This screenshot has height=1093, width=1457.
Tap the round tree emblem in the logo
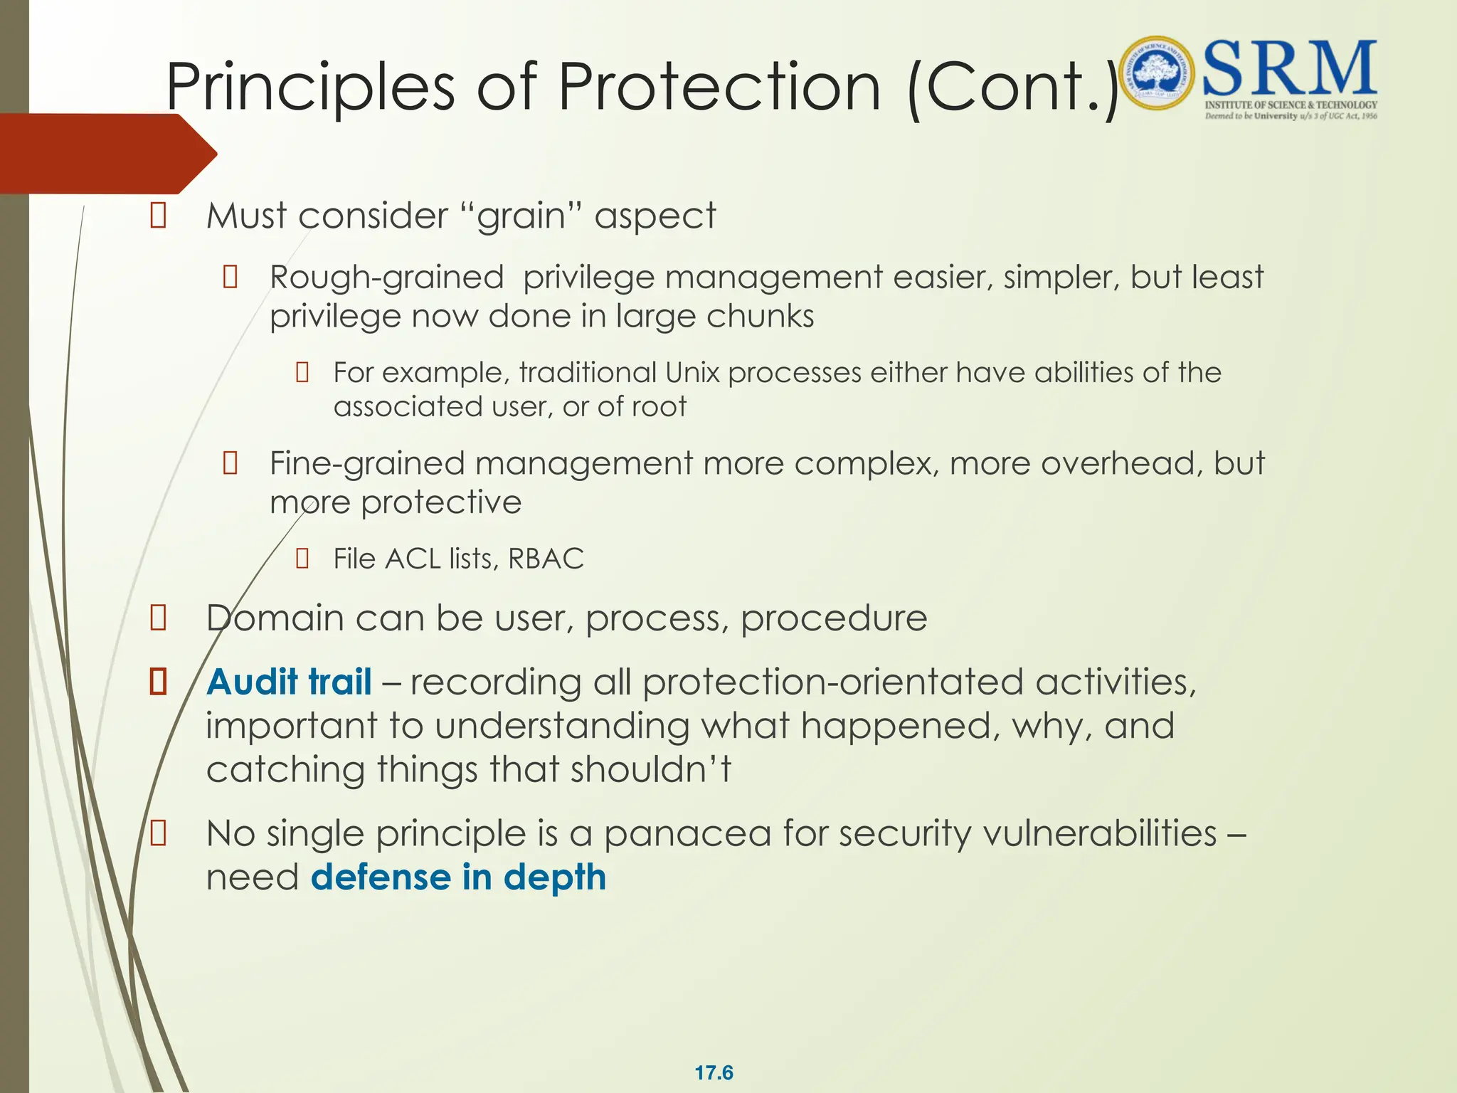click(1157, 73)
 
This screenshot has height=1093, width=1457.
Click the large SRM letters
click(1289, 69)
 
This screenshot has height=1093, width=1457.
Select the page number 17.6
click(714, 1072)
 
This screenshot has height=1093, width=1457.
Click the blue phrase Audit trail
click(289, 682)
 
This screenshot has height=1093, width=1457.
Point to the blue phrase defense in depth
click(458, 877)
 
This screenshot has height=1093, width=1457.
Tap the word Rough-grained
click(386, 277)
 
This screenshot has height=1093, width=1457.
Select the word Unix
click(693, 373)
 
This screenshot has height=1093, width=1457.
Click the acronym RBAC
click(546, 559)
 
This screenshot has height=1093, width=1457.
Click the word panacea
click(687, 833)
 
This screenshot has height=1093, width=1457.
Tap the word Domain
click(275, 618)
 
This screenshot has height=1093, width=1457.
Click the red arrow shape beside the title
click(107, 154)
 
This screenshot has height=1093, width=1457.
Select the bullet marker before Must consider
click(158, 216)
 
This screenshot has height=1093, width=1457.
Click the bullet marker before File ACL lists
click(302, 559)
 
